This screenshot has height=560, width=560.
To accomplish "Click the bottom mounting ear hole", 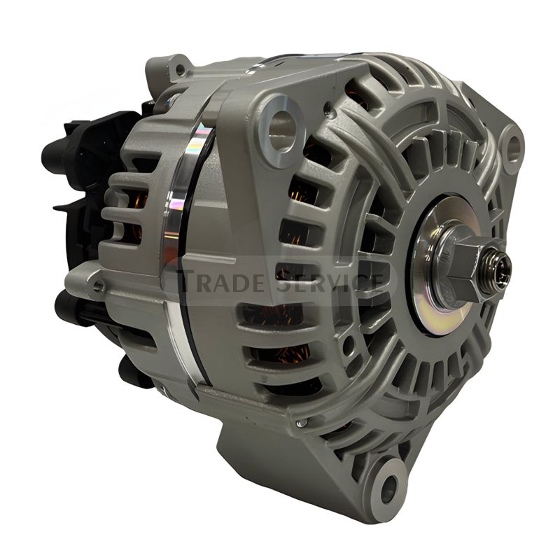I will click(389, 484).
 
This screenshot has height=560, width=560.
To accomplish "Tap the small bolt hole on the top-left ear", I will click(181, 69).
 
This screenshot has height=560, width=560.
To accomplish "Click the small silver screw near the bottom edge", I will click(300, 424).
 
